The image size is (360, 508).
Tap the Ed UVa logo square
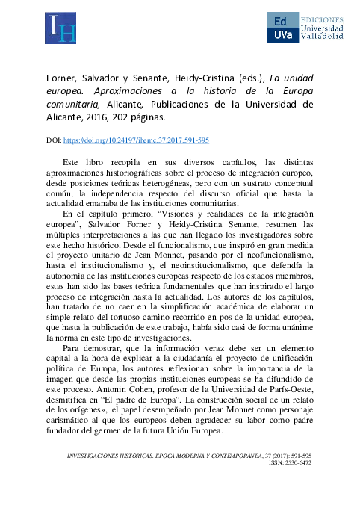click(x=281, y=28)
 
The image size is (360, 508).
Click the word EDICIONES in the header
click(x=321, y=17)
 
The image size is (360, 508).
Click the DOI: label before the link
click(x=55, y=140)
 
